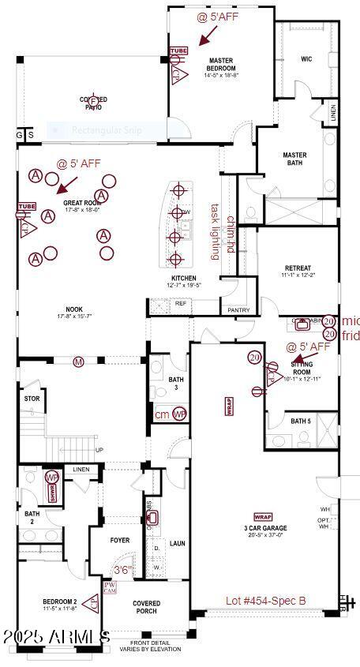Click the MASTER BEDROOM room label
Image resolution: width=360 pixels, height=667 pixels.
click(222, 64)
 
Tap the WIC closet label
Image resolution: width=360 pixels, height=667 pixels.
click(306, 59)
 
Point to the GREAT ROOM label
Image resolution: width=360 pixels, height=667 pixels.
click(81, 202)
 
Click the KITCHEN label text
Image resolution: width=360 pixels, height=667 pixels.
click(184, 279)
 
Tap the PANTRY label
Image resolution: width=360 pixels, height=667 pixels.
click(238, 310)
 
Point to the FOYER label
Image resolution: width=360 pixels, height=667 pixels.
click(120, 541)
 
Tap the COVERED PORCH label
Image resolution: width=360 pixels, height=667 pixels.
click(146, 608)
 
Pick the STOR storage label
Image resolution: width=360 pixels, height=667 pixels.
click(32, 399)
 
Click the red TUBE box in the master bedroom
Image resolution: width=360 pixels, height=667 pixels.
click(179, 52)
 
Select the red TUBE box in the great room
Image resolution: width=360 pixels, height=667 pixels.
click(27, 207)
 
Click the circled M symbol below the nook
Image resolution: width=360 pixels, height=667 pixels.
click(78, 362)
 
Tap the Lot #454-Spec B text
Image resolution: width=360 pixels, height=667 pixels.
click(265, 601)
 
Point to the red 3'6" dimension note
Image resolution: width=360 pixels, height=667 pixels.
click(122, 570)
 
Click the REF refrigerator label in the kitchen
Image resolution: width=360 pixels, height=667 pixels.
click(181, 303)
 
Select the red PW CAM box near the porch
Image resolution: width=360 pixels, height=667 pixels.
click(110, 587)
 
